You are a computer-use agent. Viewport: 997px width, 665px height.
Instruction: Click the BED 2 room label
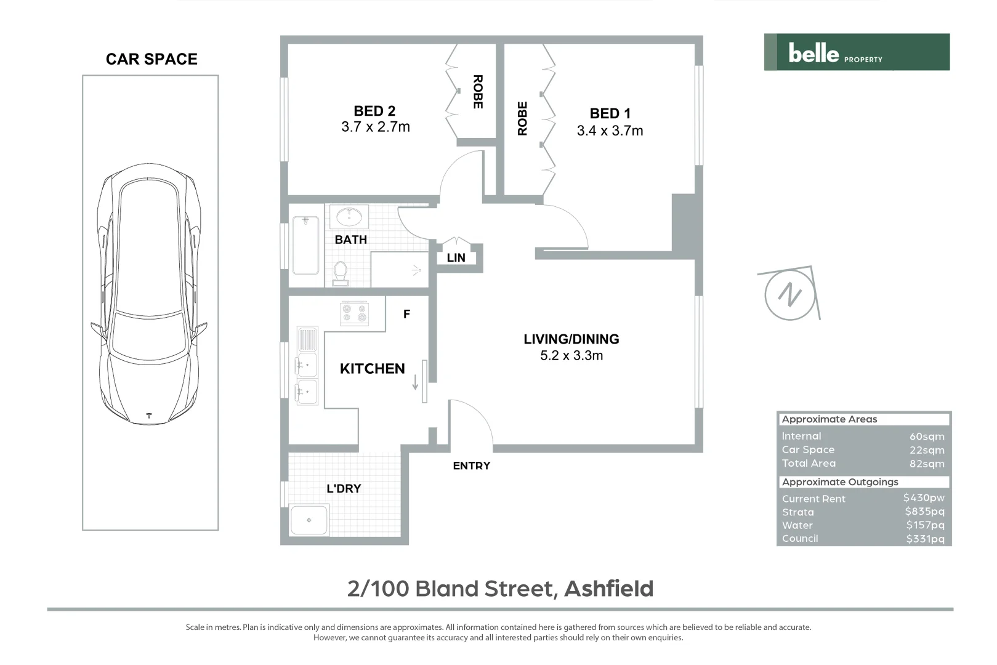coord(374,111)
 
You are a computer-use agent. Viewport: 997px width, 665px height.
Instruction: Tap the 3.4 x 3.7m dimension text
coord(610,131)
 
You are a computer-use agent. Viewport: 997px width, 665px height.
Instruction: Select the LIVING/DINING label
coord(571,339)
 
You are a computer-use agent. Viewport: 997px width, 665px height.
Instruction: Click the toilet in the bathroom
coord(340,273)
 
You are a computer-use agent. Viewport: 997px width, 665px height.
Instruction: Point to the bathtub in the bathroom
coord(305,244)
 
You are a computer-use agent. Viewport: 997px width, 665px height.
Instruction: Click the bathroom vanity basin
coord(350,217)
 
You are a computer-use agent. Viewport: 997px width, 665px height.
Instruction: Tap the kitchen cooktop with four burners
coord(355,313)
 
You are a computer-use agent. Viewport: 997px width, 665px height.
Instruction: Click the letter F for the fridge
coord(406,315)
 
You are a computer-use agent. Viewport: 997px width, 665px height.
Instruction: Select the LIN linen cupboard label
coord(456,258)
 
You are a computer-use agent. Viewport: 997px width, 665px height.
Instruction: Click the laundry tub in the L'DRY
coord(309,520)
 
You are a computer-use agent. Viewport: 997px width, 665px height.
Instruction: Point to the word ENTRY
coord(471,466)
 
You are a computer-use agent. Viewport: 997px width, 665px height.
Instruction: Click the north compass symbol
coord(790,295)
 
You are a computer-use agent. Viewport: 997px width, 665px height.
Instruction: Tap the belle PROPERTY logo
coord(857,52)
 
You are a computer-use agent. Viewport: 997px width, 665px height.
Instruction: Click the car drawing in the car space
coord(150,294)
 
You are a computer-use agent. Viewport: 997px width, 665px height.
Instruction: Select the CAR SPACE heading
coord(151,59)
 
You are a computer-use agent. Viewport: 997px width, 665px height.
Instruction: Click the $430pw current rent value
coord(923,498)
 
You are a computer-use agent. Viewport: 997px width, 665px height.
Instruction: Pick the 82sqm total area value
coord(926,464)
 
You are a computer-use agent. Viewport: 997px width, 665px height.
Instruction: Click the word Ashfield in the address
coord(608,589)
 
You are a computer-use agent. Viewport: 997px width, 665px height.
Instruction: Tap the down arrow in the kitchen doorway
coord(415,382)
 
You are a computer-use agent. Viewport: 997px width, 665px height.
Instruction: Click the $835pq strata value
coord(924,512)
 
